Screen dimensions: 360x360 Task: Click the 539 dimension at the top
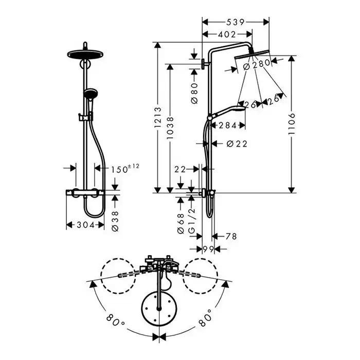point(236,22)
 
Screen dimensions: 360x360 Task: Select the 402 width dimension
point(227,34)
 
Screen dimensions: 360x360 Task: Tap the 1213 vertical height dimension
point(158,118)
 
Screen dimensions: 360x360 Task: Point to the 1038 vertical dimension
point(170,128)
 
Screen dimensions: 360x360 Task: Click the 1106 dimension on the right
point(292,124)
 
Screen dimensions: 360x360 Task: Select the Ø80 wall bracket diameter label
point(194,94)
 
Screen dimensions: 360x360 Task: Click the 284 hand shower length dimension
point(227,125)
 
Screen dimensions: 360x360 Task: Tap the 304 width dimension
point(85,225)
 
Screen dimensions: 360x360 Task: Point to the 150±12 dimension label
point(125,169)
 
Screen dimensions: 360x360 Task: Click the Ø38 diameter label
point(115,221)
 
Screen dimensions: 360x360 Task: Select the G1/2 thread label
point(191,220)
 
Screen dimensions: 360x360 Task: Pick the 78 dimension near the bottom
point(231,236)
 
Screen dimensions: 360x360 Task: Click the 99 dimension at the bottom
point(208,248)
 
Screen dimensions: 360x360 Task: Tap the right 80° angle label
point(205,318)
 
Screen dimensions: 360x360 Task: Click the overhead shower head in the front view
point(85,55)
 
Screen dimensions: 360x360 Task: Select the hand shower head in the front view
point(91,94)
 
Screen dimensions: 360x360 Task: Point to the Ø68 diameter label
point(181,223)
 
